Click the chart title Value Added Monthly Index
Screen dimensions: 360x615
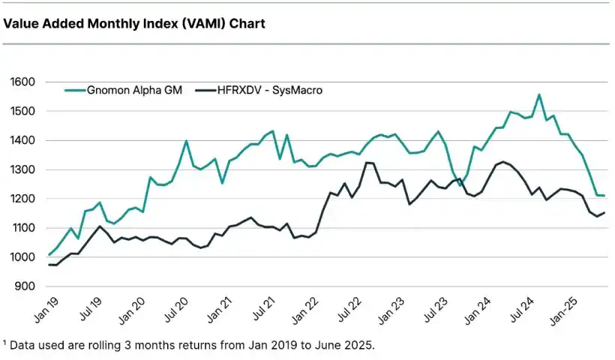134,23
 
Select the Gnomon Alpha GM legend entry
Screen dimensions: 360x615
129,91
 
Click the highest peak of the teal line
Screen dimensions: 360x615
538,95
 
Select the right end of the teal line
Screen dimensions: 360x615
604,196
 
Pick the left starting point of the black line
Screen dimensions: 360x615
49,265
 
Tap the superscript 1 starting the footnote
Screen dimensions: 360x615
4,342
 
